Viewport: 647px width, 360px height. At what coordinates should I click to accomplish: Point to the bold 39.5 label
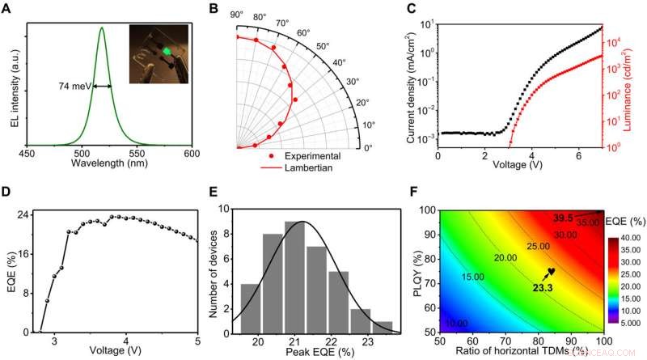562,218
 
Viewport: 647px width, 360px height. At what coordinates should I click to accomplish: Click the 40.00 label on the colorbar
630,238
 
